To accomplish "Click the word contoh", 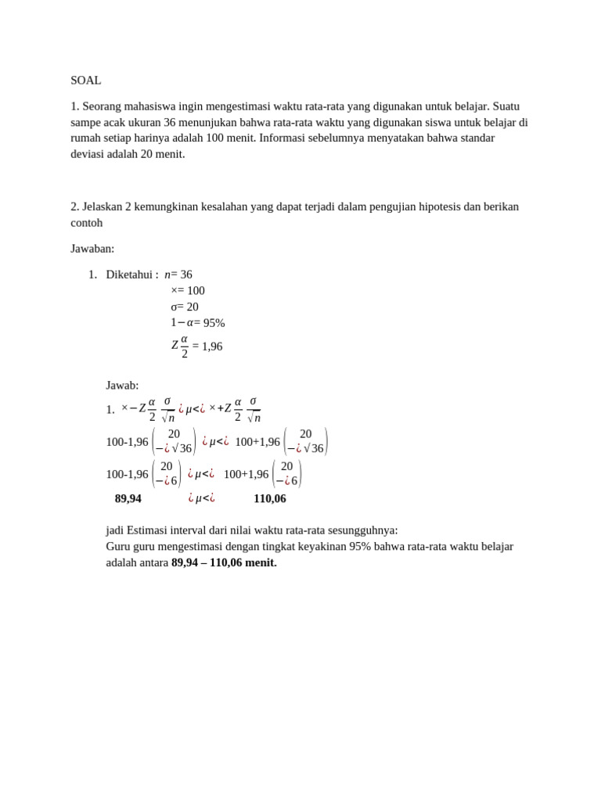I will click(x=87, y=223).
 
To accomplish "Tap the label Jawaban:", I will click(x=92, y=249).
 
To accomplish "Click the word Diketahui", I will click(x=130, y=275).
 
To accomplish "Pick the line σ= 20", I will click(x=185, y=307).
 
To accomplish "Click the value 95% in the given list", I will click(x=214, y=322).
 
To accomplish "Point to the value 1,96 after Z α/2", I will click(x=212, y=347).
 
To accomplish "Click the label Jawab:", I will click(x=122, y=385).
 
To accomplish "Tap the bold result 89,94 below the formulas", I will click(x=128, y=498).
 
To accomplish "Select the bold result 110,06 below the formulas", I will click(x=270, y=498).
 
